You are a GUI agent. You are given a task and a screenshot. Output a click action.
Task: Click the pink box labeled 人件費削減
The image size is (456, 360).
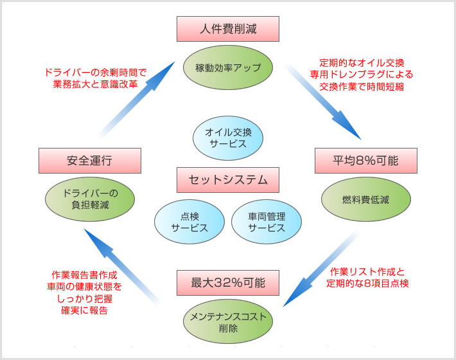(x=227, y=29)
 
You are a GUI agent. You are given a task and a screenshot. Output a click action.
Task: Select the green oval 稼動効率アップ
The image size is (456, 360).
(x=227, y=66)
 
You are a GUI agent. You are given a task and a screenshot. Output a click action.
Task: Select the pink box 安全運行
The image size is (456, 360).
(x=89, y=161)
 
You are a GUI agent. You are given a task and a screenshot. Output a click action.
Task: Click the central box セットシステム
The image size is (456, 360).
(x=228, y=180)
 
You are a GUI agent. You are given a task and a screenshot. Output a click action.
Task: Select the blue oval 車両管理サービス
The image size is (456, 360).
(x=267, y=222)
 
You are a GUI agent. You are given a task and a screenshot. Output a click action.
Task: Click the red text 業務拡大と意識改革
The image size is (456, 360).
(x=95, y=84)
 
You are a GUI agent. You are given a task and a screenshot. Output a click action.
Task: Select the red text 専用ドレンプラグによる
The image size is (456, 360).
(x=361, y=75)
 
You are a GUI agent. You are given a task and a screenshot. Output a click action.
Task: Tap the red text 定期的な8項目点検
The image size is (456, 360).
(x=367, y=283)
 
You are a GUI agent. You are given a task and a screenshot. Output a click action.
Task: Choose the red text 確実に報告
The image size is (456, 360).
(x=85, y=310)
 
